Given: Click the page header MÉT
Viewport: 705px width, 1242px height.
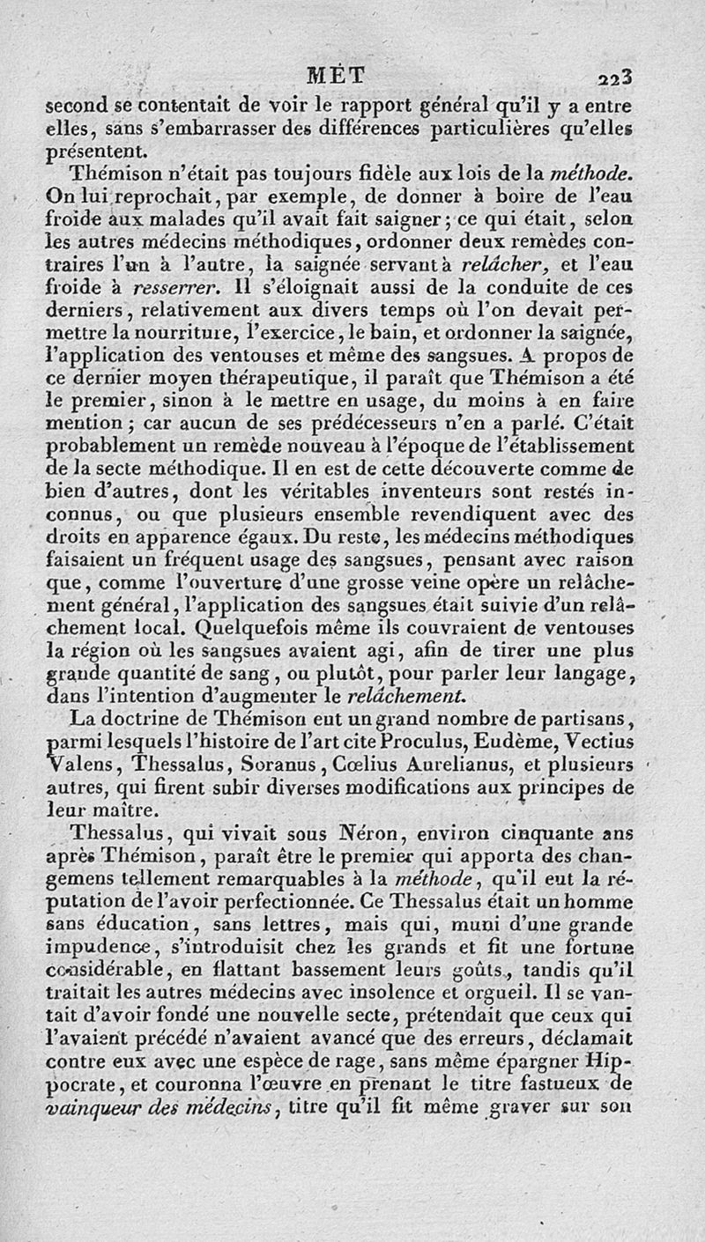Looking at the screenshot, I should [x=347, y=78].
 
